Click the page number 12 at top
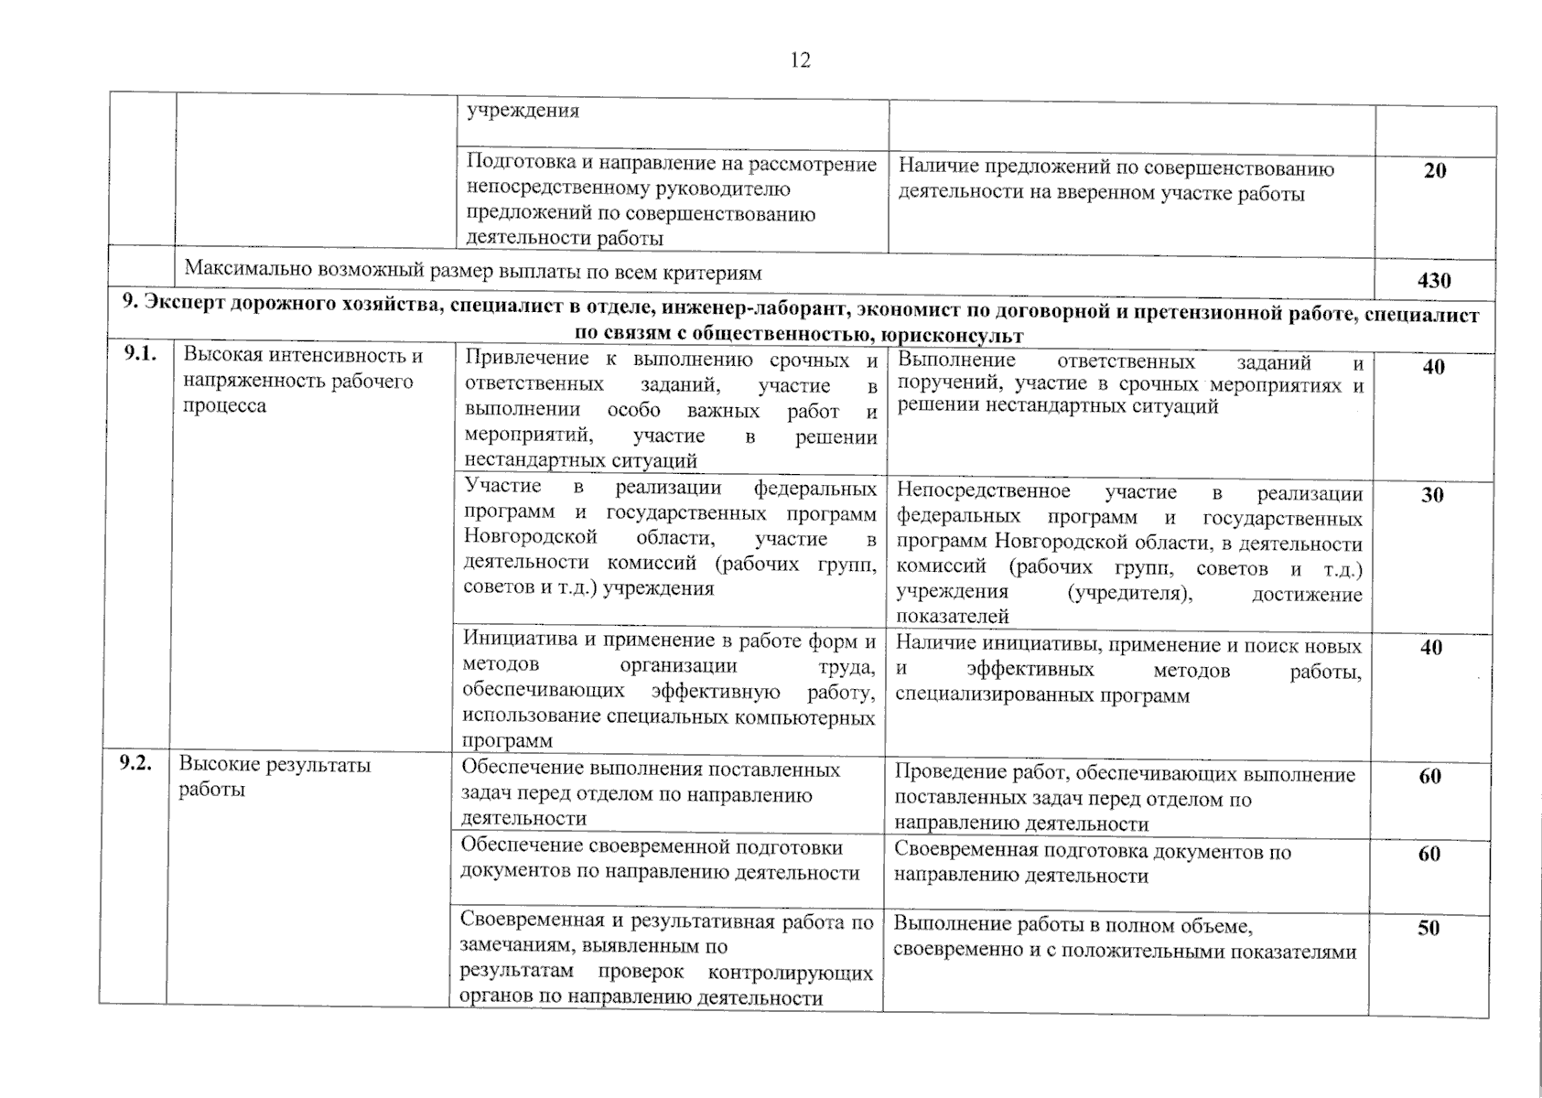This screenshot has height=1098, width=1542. point(799,60)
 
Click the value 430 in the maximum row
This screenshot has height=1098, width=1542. point(1433,281)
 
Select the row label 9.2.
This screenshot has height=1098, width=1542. point(135,764)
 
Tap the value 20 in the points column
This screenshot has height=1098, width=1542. point(1434,171)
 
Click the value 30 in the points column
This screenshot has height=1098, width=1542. point(1432,495)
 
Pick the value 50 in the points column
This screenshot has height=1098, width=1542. point(1429,928)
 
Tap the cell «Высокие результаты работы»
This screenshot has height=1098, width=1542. point(275,776)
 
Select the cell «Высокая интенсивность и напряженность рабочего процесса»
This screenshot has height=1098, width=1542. point(303,381)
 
